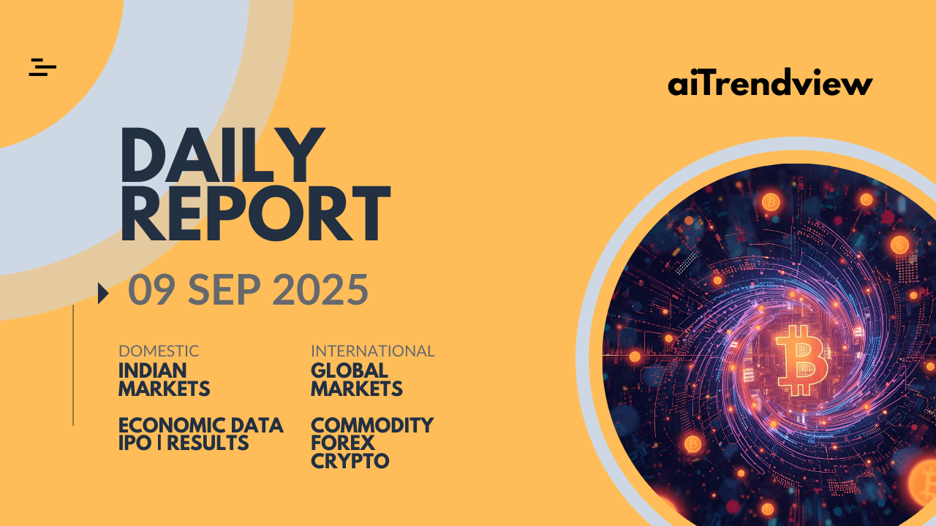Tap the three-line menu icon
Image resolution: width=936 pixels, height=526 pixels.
pyautogui.click(x=42, y=67)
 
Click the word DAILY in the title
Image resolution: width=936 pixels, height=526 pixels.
pyautogui.click(x=223, y=155)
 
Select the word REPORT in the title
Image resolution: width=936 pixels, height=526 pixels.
pyautogui.click(x=255, y=213)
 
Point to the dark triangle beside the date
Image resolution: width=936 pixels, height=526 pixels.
pyautogui.click(x=103, y=293)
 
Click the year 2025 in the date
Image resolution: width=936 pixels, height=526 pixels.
pyautogui.click(x=320, y=289)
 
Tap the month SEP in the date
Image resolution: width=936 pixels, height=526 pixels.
pyautogui.click(x=224, y=289)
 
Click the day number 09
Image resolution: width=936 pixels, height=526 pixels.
pyautogui.click(x=151, y=289)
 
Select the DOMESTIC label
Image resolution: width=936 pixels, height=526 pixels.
pyautogui.click(x=159, y=351)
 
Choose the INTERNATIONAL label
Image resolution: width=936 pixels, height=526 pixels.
pyautogui.click(x=373, y=351)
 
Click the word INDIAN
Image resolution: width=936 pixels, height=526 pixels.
pyautogui.click(x=153, y=370)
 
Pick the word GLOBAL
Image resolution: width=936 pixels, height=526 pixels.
pyautogui.click(x=350, y=370)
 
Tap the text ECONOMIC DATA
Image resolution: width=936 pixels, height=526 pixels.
pyautogui.click(x=201, y=425)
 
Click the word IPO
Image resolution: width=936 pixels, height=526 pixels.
pyautogui.click(x=135, y=443)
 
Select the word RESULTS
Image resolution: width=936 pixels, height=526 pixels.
pyautogui.click(x=208, y=443)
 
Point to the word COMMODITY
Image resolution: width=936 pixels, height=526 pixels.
pyautogui.click(x=372, y=425)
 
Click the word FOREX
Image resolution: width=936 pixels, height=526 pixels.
pyautogui.click(x=343, y=443)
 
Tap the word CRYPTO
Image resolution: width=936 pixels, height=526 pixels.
pyautogui.click(x=350, y=461)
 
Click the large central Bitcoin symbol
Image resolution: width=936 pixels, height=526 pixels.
pyautogui.click(x=801, y=360)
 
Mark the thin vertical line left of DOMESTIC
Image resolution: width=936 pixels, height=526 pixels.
pyautogui.click(x=73, y=365)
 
